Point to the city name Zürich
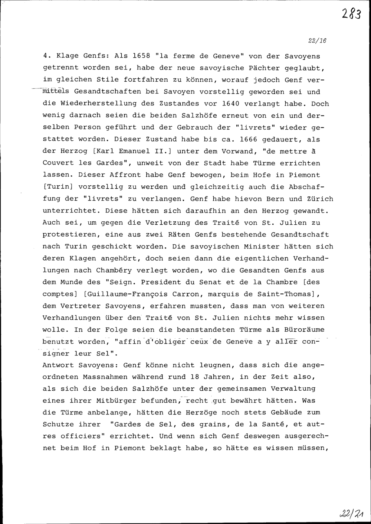pyautogui.click(x=320, y=199)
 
